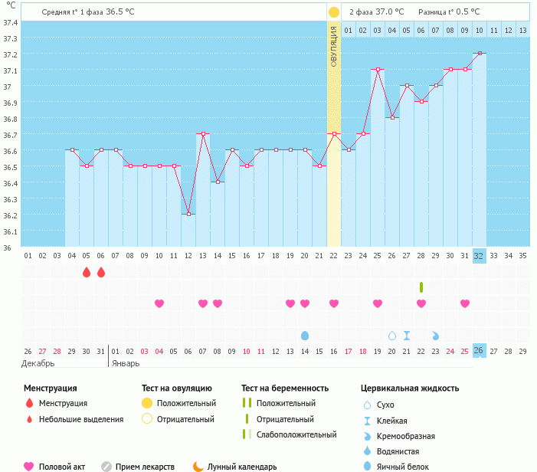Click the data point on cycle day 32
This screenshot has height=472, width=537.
tap(479, 54)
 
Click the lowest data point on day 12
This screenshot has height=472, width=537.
tap(188, 214)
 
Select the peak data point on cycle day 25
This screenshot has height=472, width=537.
tap(377, 70)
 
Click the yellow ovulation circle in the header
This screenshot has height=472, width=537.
tap(334, 12)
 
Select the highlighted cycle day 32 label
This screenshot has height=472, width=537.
tap(479, 256)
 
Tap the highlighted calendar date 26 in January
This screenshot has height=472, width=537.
tap(479, 351)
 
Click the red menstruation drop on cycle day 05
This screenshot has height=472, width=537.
tap(86, 272)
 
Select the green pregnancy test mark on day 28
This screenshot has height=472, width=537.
tap(421, 287)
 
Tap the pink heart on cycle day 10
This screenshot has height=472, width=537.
tap(159, 303)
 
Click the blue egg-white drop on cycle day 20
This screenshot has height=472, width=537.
tap(305, 336)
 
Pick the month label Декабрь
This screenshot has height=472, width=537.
tap(38, 363)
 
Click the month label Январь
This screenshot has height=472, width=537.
tap(127, 363)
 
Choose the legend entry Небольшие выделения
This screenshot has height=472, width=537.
tap(80, 419)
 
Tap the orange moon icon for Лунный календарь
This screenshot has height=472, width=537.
tap(198, 466)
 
